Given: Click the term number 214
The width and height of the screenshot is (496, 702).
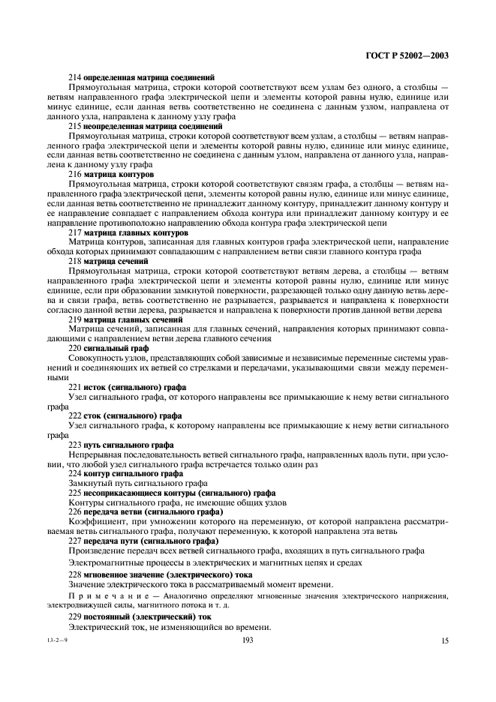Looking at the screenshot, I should [x=75, y=76].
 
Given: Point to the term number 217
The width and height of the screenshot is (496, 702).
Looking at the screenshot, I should [x=75, y=232].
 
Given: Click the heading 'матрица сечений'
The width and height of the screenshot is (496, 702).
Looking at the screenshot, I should [x=119, y=261].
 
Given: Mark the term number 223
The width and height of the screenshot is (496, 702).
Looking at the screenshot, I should [x=75, y=445].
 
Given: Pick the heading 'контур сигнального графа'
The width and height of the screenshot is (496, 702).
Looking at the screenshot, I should [x=135, y=473].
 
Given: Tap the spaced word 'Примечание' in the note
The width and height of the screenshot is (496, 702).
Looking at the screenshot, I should [x=97, y=596].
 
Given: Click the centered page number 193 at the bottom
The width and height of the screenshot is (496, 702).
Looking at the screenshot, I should [x=247, y=640].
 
